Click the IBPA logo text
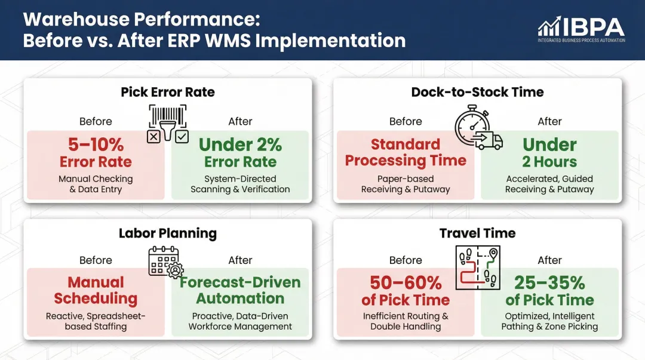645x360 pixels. click(592, 27)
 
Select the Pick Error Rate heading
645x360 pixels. click(168, 92)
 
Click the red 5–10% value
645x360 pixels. click(96, 145)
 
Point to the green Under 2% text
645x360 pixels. click(240, 145)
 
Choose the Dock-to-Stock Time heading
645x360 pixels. click(478, 92)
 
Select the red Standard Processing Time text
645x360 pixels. click(406, 153)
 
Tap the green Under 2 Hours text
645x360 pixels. click(549, 153)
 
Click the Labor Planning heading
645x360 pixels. click(168, 233)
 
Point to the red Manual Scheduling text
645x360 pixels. click(96, 290)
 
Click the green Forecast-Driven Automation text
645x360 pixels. click(240, 290)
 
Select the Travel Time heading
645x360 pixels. click(478, 233)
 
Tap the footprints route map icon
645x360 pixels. click(478, 266)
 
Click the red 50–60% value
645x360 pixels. click(406, 282)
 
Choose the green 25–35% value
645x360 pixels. click(549, 282)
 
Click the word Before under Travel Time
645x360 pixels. click(406, 260)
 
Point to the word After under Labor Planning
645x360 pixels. click(240, 260)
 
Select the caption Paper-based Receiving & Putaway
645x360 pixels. click(406, 184)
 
